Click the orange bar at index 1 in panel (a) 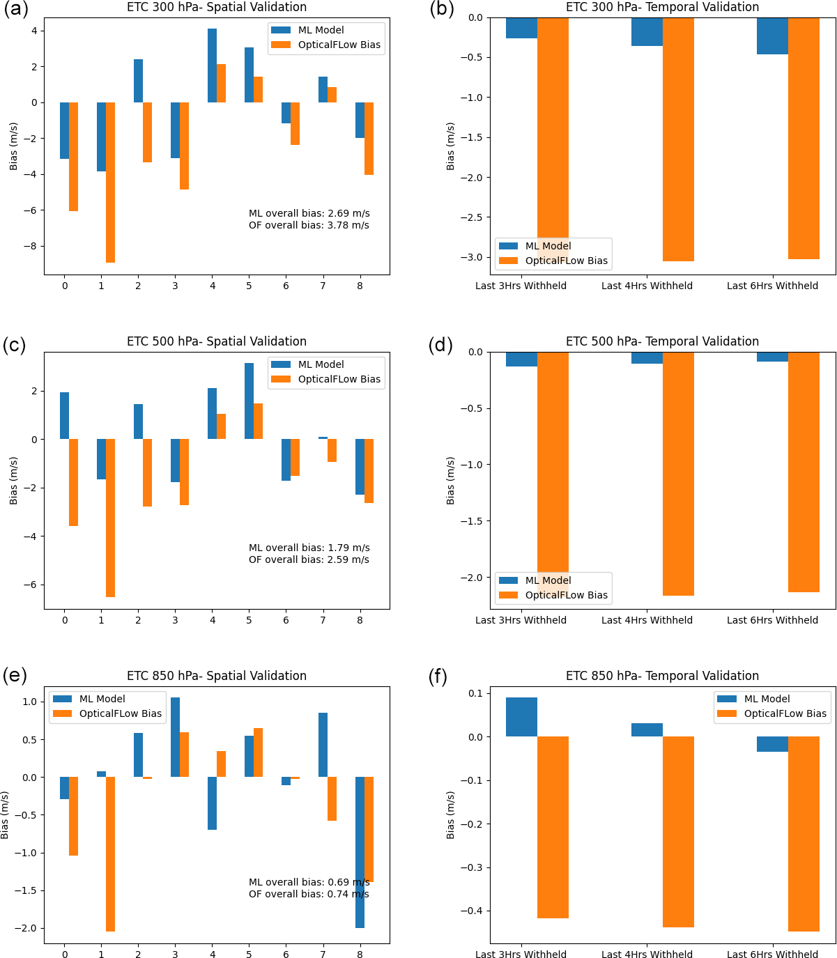[x=110, y=183]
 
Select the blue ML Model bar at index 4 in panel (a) [x=212, y=65]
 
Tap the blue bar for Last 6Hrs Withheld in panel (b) [x=772, y=36]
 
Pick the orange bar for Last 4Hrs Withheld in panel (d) [x=678, y=474]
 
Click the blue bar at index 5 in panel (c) [x=249, y=401]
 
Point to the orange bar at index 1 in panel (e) [x=110, y=854]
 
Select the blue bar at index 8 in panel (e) [x=360, y=852]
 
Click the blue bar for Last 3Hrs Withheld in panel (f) [x=521, y=717]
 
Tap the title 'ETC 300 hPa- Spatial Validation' [x=217, y=7]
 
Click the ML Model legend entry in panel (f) [x=767, y=699]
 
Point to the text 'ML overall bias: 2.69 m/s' [x=309, y=213]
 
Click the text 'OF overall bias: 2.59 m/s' [x=309, y=559]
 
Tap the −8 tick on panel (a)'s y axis [x=33, y=246]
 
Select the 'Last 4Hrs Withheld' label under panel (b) [x=647, y=286]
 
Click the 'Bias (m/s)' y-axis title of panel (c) [x=13, y=481]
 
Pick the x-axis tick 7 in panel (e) [x=323, y=955]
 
